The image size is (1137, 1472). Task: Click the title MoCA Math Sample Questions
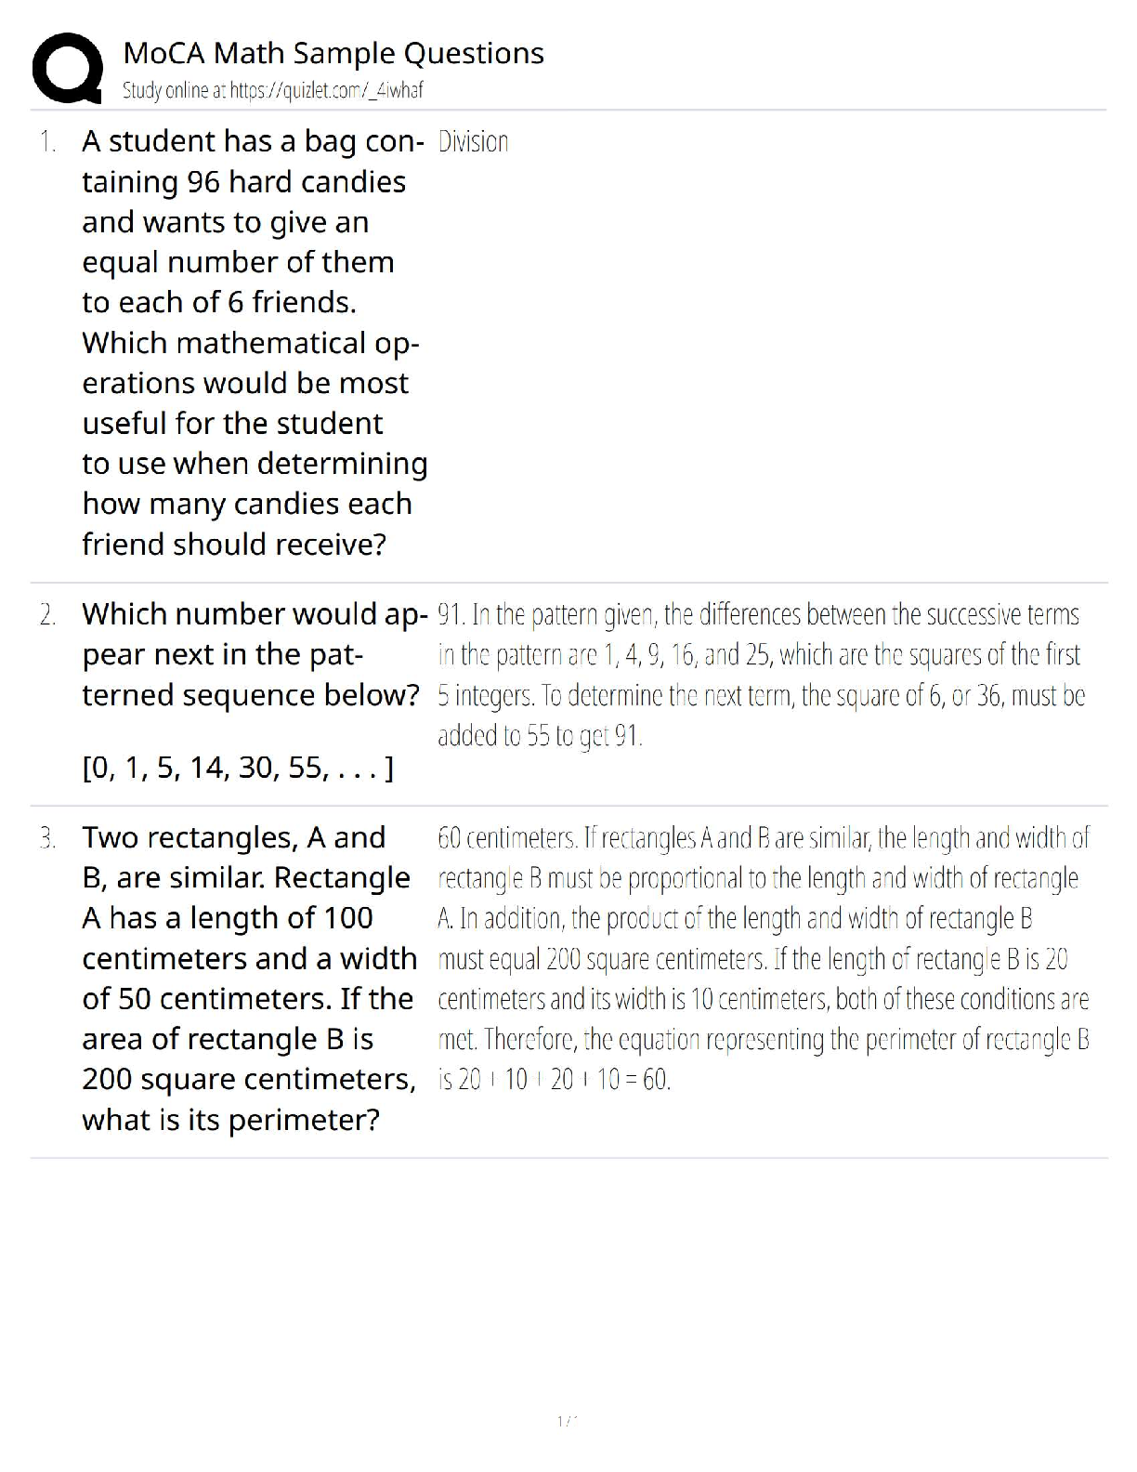click(x=333, y=54)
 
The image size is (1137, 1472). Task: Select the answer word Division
click(x=473, y=142)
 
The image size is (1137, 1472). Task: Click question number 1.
click(x=47, y=142)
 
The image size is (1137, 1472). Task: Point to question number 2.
click(x=47, y=615)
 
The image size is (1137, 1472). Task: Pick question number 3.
click(x=47, y=838)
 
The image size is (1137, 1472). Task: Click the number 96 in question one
click(x=203, y=182)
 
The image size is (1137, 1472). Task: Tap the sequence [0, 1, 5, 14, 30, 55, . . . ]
click(x=238, y=769)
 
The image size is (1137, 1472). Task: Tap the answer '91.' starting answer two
click(x=451, y=615)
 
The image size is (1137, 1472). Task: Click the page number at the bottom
click(x=567, y=1421)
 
